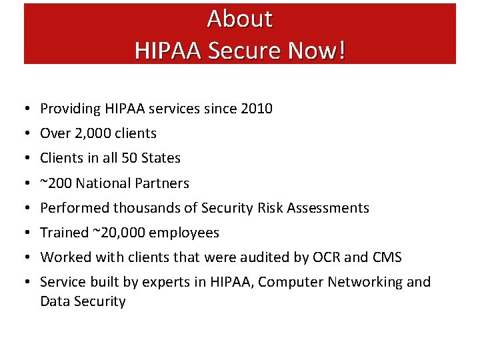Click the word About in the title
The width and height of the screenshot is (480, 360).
point(239,19)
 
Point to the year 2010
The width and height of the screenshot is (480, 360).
point(256,109)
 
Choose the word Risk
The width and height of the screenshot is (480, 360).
point(270,208)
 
